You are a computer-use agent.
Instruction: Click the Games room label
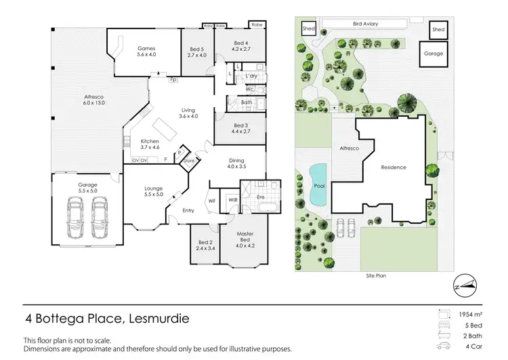point(147,49)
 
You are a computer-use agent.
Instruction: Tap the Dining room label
point(236,160)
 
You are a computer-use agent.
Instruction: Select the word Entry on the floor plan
point(188,211)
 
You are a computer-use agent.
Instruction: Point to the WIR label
point(232,199)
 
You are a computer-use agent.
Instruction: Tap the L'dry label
point(251,76)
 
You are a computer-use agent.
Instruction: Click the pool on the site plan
point(317,185)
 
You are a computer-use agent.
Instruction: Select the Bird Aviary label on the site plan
point(365,24)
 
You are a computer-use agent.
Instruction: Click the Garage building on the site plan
point(433,54)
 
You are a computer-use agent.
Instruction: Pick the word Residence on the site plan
point(394,167)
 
